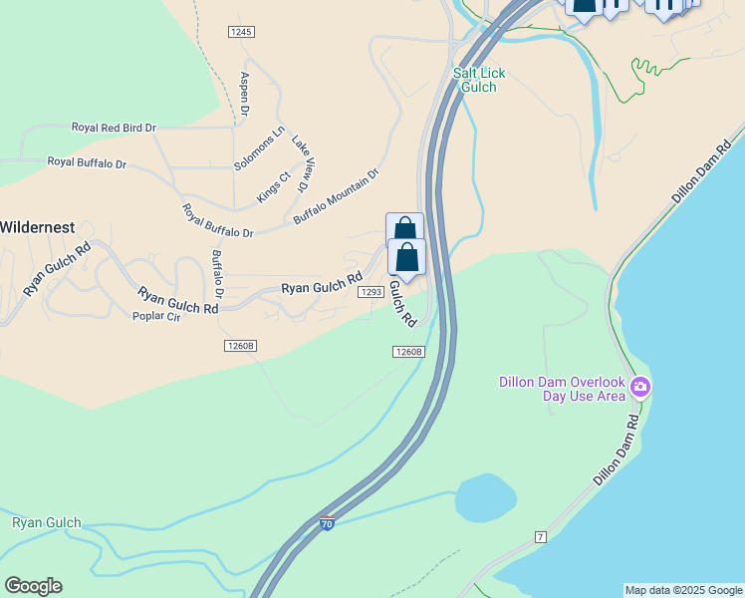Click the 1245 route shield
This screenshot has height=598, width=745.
[241, 32]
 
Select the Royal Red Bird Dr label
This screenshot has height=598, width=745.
[114, 128]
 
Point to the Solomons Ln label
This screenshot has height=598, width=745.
[259, 148]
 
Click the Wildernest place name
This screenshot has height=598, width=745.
[37, 227]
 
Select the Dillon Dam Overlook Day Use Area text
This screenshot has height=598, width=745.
[562, 389]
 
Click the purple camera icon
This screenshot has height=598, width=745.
[639, 387]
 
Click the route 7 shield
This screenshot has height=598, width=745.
[541, 536]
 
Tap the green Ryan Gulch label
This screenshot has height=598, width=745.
[47, 522]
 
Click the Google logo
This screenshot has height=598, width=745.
[33, 586]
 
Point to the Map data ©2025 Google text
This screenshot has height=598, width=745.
[683, 590]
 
